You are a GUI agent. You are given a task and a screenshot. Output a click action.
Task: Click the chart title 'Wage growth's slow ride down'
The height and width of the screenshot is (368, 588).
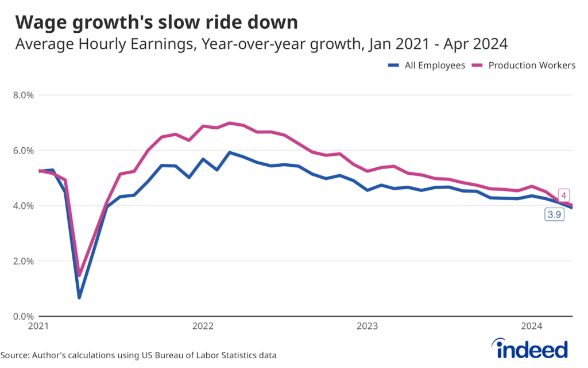tap(156, 22)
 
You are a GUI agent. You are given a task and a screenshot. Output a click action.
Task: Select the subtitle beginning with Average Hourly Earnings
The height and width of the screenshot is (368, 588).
tap(261, 44)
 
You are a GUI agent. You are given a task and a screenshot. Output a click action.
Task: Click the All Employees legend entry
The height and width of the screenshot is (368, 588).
tap(426, 66)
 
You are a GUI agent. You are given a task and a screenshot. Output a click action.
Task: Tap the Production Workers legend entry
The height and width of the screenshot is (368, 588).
tap(525, 66)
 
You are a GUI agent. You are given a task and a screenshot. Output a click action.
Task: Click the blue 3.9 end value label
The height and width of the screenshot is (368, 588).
tap(554, 215)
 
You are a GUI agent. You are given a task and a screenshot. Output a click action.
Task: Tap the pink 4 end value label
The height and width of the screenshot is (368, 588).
tap(564, 195)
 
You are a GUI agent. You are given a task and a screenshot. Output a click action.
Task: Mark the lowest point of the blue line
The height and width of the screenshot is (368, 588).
tap(79, 297)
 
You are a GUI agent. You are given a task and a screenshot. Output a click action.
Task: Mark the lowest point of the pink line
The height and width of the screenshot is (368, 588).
tap(80, 275)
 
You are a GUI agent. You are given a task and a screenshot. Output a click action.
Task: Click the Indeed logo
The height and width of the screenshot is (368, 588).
tap(529, 348)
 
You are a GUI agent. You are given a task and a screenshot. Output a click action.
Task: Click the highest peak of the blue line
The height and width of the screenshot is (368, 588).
tap(230, 153)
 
